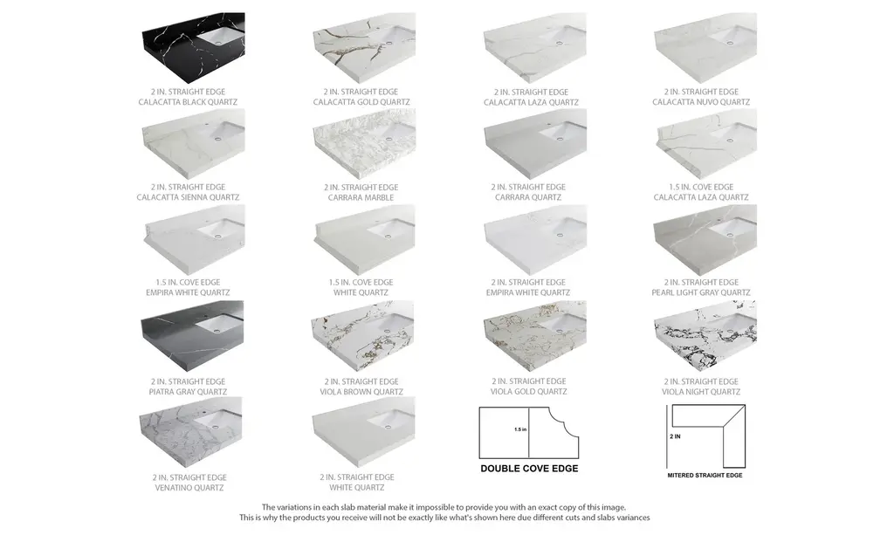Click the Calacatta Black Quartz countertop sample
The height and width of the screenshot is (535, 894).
point(193,48)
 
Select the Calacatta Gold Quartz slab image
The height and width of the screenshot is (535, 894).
point(364,48)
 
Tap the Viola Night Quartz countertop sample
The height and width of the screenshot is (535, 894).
point(705,336)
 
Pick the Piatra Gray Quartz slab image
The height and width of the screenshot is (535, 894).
point(192,336)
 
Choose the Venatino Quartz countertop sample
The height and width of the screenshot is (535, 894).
point(190,432)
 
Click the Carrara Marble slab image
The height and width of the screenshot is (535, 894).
point(364,144)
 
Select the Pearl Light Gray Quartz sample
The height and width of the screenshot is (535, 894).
point(705,240)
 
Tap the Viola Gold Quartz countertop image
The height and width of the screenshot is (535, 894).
point(534,336)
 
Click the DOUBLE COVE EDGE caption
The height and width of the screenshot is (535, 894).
point(529,469)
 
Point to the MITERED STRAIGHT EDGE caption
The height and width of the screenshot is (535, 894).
point(705,475)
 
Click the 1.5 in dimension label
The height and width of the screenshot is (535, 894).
point(520,429)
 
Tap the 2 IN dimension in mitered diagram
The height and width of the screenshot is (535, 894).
point(675,436)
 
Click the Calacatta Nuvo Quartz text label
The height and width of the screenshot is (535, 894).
point(701,102)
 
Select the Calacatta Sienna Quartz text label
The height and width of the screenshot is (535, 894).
point(188,197)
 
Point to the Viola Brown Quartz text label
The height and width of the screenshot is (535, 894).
point(361,392)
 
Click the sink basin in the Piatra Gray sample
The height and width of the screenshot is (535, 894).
point(217,324)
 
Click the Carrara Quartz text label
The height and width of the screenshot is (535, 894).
point(528,197)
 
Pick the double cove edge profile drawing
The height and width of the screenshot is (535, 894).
point(528,432)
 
